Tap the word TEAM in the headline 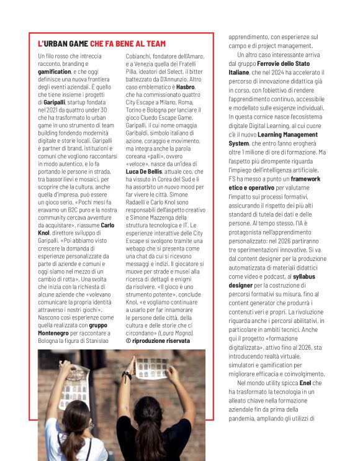(155, 44)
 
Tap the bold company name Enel (305, 383)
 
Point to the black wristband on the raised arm (128, 376)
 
